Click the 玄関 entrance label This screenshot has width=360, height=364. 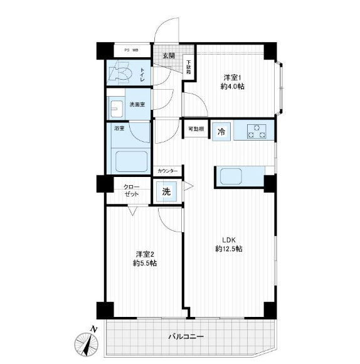tap(169, 56)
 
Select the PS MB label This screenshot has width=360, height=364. tap(131, 50)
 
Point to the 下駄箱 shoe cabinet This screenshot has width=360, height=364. tap(189, 67)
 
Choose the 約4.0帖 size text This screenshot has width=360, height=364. tap(232, 87)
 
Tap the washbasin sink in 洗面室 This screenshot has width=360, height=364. tap(117, 109)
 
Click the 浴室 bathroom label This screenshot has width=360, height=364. tap(119, 128)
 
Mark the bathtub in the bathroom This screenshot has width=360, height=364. tap(131, 162)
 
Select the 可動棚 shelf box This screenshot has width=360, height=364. tap(196, 129)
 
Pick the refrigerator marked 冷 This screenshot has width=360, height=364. tap(221, 132)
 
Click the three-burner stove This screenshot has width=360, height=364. tap(257, 131)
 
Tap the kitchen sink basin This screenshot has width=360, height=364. tap(231, 176)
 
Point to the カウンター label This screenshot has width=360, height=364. tap(167, 171)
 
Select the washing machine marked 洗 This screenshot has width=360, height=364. tap(166, 192)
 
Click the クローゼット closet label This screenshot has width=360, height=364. tap(131, 190)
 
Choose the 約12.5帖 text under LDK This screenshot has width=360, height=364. tap(229, 249)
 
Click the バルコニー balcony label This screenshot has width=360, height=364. tap(186, 336)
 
